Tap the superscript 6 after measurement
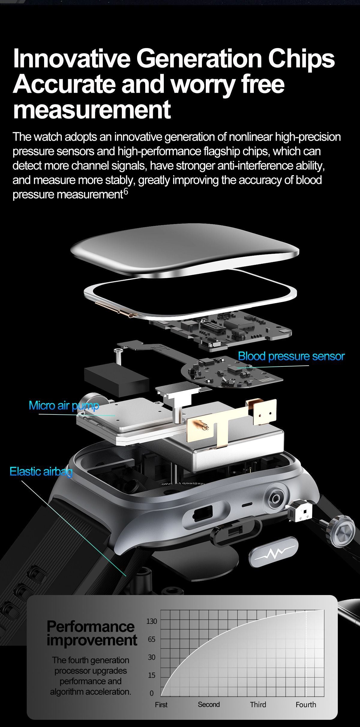coord(126,192)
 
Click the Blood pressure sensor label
coord(291,356)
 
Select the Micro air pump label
coord(64,405)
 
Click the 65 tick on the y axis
coord(151,639)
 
